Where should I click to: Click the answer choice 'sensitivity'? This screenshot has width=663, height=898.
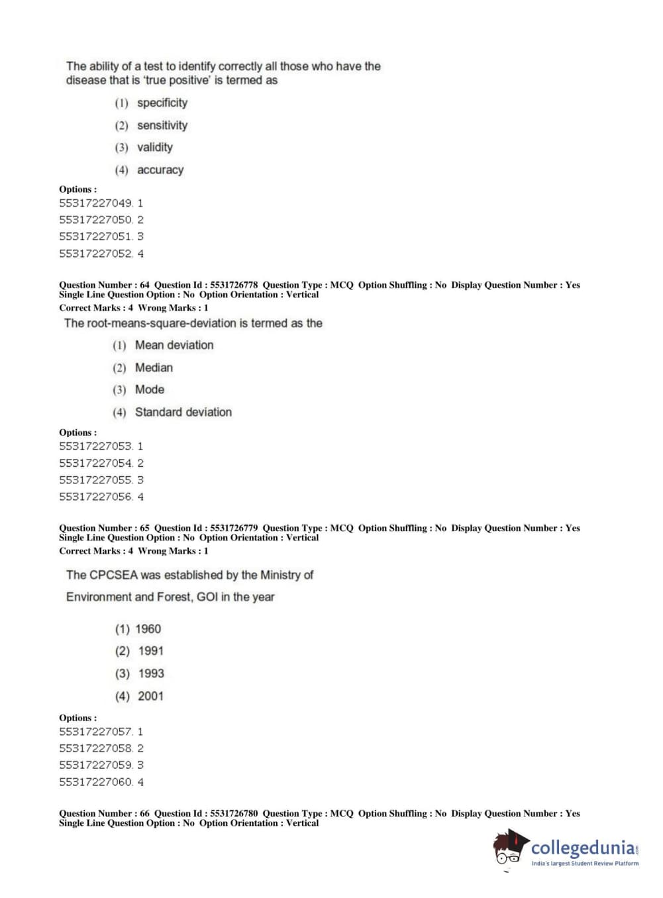point(162,125)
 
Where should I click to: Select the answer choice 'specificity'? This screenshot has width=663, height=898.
point(162,103)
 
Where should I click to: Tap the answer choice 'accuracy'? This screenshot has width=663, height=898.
point(160,170)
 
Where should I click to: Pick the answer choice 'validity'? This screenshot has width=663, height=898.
point(154,147)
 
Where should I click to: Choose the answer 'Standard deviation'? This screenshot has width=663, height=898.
point(183,412)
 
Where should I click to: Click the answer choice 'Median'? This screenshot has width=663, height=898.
point(154,368)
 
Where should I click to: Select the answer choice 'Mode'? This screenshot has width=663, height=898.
point(149,389)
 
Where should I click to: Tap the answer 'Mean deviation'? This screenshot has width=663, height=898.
point(174,345)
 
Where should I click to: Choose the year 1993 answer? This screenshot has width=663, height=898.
point(151,673)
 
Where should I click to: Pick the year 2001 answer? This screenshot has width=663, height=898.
point(150,696)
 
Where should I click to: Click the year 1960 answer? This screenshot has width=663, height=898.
point(148,629)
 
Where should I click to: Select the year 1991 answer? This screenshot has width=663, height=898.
point(150,651)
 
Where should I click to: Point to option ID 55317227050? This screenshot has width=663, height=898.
point(96,220)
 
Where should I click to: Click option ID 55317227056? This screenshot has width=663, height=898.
point(96,497)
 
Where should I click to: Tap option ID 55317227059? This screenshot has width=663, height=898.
point(96,765)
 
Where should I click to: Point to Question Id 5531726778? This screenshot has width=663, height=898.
point(206,285)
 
